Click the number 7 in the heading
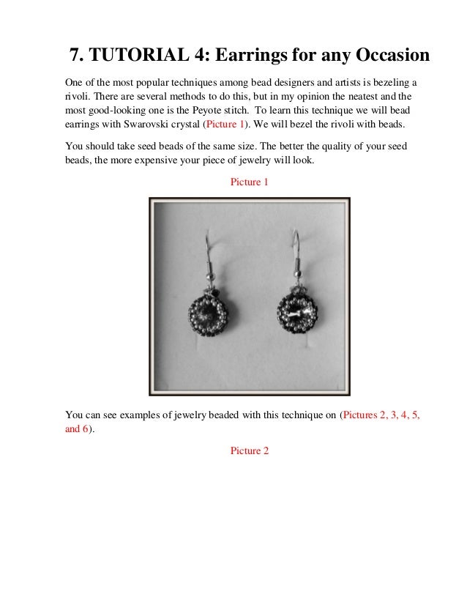pyautogui.click(x=74, y=55)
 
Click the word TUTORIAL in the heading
pyautogui.click(x=135, y=55)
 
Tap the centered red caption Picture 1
pyautogui.click(x=249, y=181)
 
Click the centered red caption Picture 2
pyautogui.click(x=249, y=450)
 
